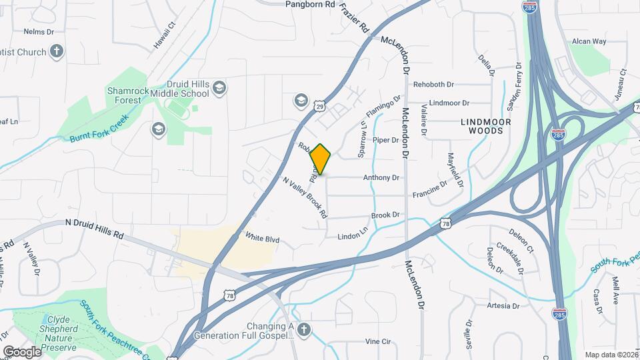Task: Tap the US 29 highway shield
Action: [321, 106]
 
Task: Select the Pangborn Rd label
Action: [309, 4]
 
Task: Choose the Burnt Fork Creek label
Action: [98, 131]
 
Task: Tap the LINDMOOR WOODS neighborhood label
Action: [486, 127]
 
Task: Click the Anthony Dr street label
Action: [381, 178]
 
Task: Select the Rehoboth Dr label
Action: [433, 85]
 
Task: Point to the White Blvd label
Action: [262, 238]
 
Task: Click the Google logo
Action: [22, 351]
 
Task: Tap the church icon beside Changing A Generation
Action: [304, 329]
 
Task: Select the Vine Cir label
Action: [377, 341]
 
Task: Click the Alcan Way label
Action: [589, 41]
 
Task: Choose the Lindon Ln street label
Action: [353, 236]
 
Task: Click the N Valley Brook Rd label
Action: [305, 197]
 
